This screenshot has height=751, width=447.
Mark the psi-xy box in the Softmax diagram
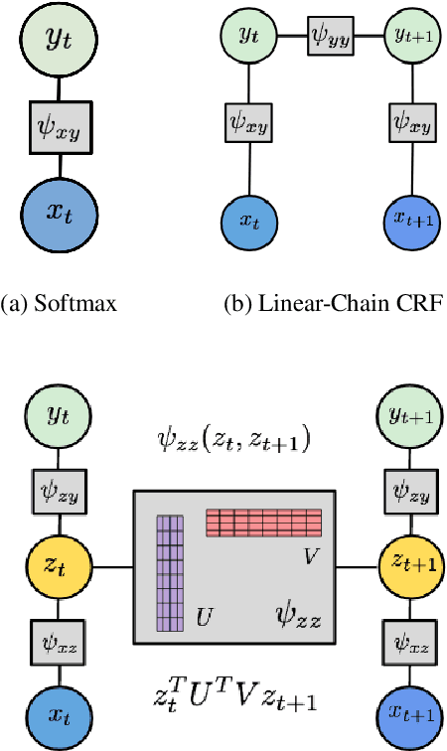58,126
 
